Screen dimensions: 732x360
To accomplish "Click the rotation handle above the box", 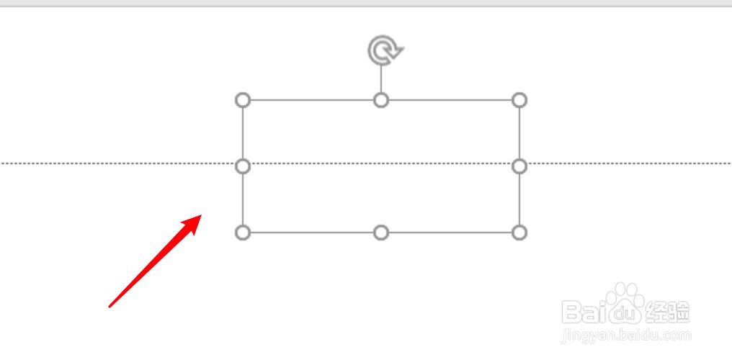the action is tap(384, 50).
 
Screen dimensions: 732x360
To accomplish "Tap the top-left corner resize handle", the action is tap(243, 100).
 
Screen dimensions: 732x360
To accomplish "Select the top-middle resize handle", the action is tap(381, 100).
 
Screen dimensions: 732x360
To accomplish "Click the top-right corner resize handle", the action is tap(519, 100).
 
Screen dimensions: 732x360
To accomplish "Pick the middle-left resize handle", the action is tap(243, 166).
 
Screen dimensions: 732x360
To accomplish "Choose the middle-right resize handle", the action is tap(519, 166).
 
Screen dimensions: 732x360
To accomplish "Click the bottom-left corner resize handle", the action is tap(243, 233).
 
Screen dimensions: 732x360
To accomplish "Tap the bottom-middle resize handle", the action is tap(381, 233).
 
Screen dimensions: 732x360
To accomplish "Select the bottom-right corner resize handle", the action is tap(519, 233).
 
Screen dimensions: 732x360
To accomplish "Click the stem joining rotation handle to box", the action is tap(381, 78).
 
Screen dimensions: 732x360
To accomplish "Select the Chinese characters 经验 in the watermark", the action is tap(667, 312).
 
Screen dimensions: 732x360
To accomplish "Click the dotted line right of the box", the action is tap(627, 163).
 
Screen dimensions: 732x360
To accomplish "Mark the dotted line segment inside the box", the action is tap(381, 163).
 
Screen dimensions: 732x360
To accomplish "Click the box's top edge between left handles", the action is tap(312, 100).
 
